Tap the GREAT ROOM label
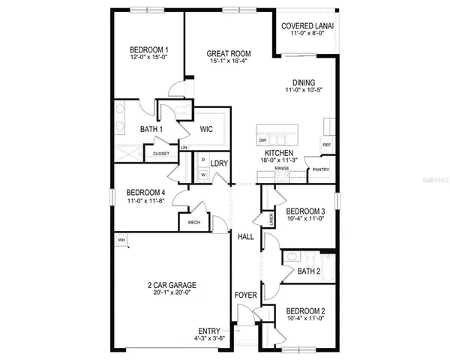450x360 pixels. (229, 53)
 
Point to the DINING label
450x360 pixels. (304, 82)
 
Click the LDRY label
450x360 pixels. (220, 163)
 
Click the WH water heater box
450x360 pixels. (121, 240)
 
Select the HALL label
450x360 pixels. (245, 237)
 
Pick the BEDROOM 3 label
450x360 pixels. (305, 210)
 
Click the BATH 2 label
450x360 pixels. (309, 271)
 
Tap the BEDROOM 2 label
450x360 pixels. (305, 310)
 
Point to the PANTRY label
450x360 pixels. (321, 169)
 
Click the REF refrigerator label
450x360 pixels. (327, 144)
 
